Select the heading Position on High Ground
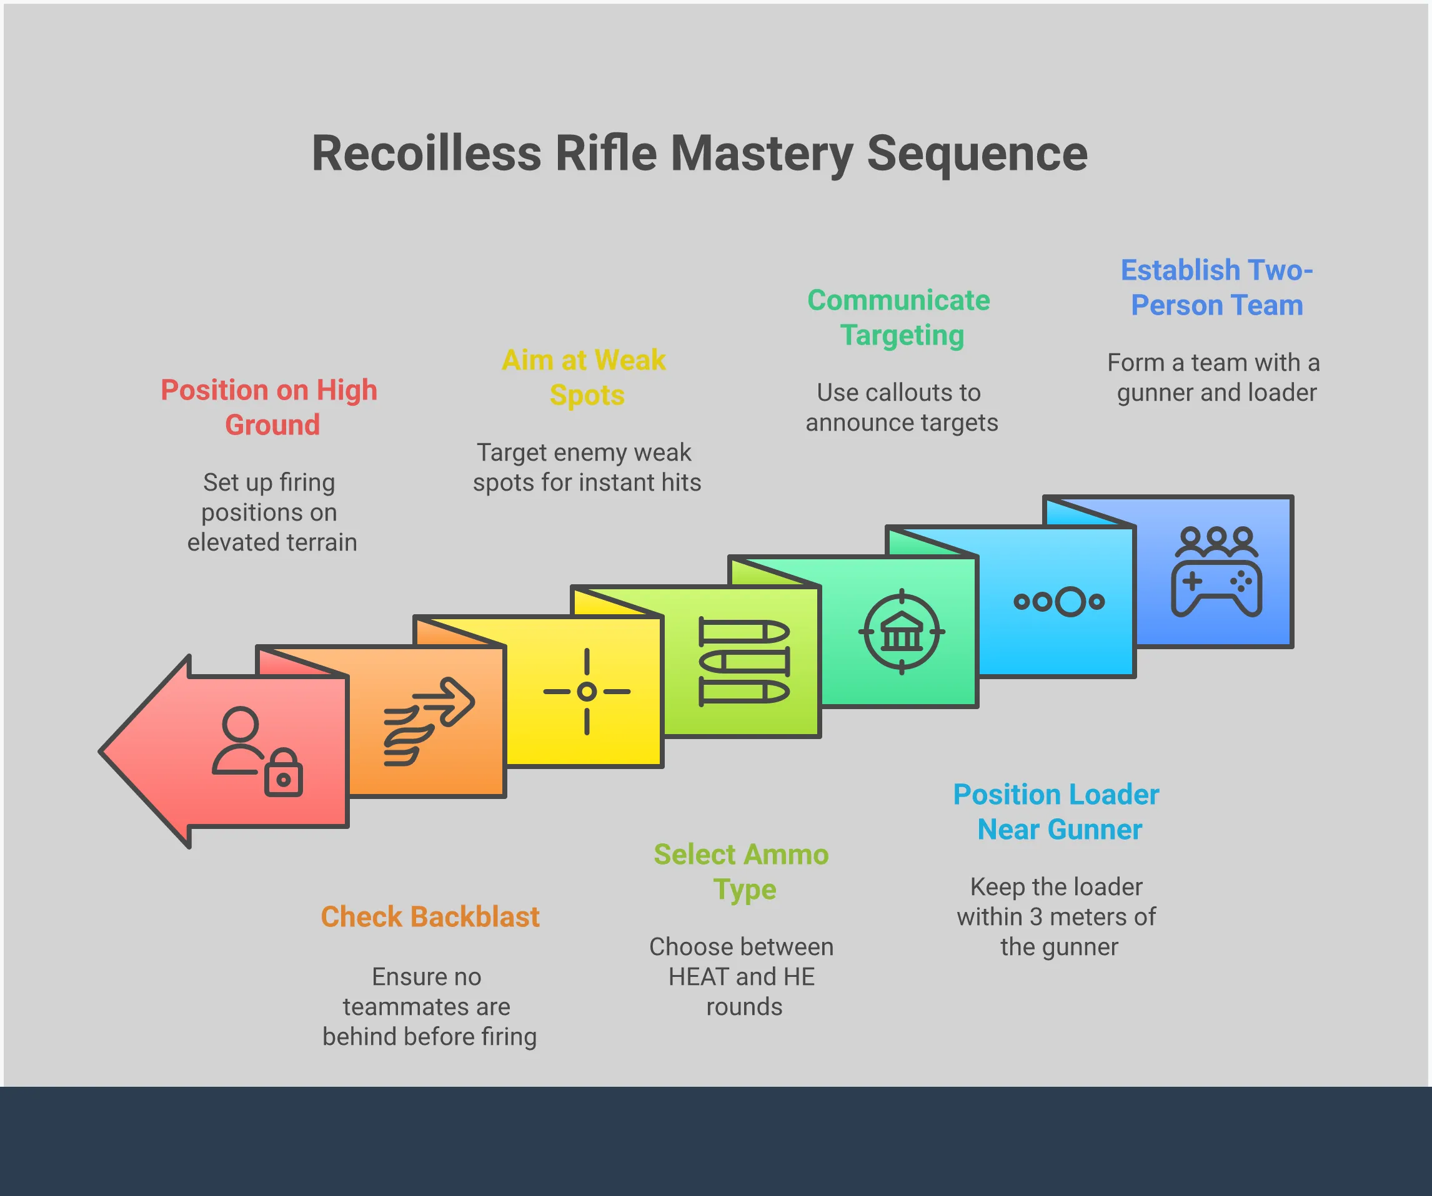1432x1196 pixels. (x=269, y=407)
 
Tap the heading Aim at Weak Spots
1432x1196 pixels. (x=584, y=377)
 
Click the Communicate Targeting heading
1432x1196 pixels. (x=900, y=318)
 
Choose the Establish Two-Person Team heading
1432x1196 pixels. (x=1216, y=288)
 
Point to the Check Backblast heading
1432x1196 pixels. (x=430, y=917)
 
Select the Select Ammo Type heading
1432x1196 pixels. (x=741, y=871)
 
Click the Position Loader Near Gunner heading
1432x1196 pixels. (x=1057, y=811)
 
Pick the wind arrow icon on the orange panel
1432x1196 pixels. (x=428, y=721)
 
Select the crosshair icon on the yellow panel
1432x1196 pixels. (x=587, y=692)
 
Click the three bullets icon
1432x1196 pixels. (x=744, y=662)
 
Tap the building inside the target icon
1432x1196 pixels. (x=902, y=632)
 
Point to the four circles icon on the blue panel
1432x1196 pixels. (x=1058, y=602)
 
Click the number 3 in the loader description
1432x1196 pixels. (x=1036, y=917)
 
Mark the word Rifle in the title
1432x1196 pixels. (x=605, y=154)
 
